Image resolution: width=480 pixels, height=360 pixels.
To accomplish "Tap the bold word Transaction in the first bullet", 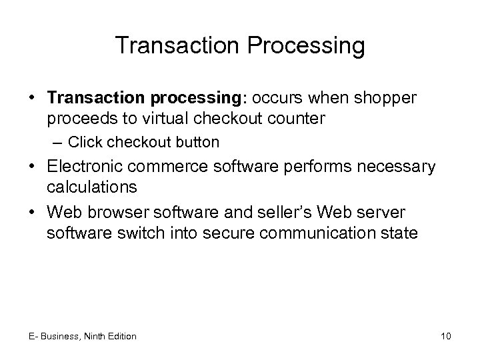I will point(89,98).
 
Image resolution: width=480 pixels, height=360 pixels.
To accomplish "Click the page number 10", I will point(446,336).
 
